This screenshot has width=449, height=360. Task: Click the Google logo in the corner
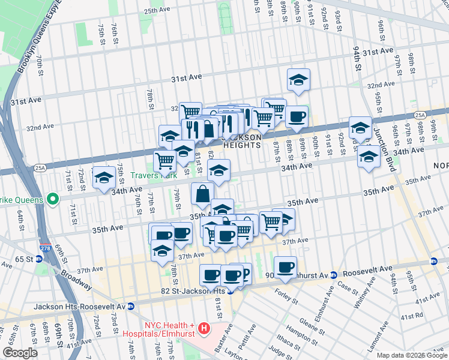[20, 353]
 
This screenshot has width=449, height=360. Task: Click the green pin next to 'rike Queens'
[52, 199]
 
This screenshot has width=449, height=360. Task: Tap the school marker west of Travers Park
[104, 177]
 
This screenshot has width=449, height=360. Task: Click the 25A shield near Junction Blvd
[419, 115]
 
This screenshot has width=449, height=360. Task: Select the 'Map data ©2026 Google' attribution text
[411, 355]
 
